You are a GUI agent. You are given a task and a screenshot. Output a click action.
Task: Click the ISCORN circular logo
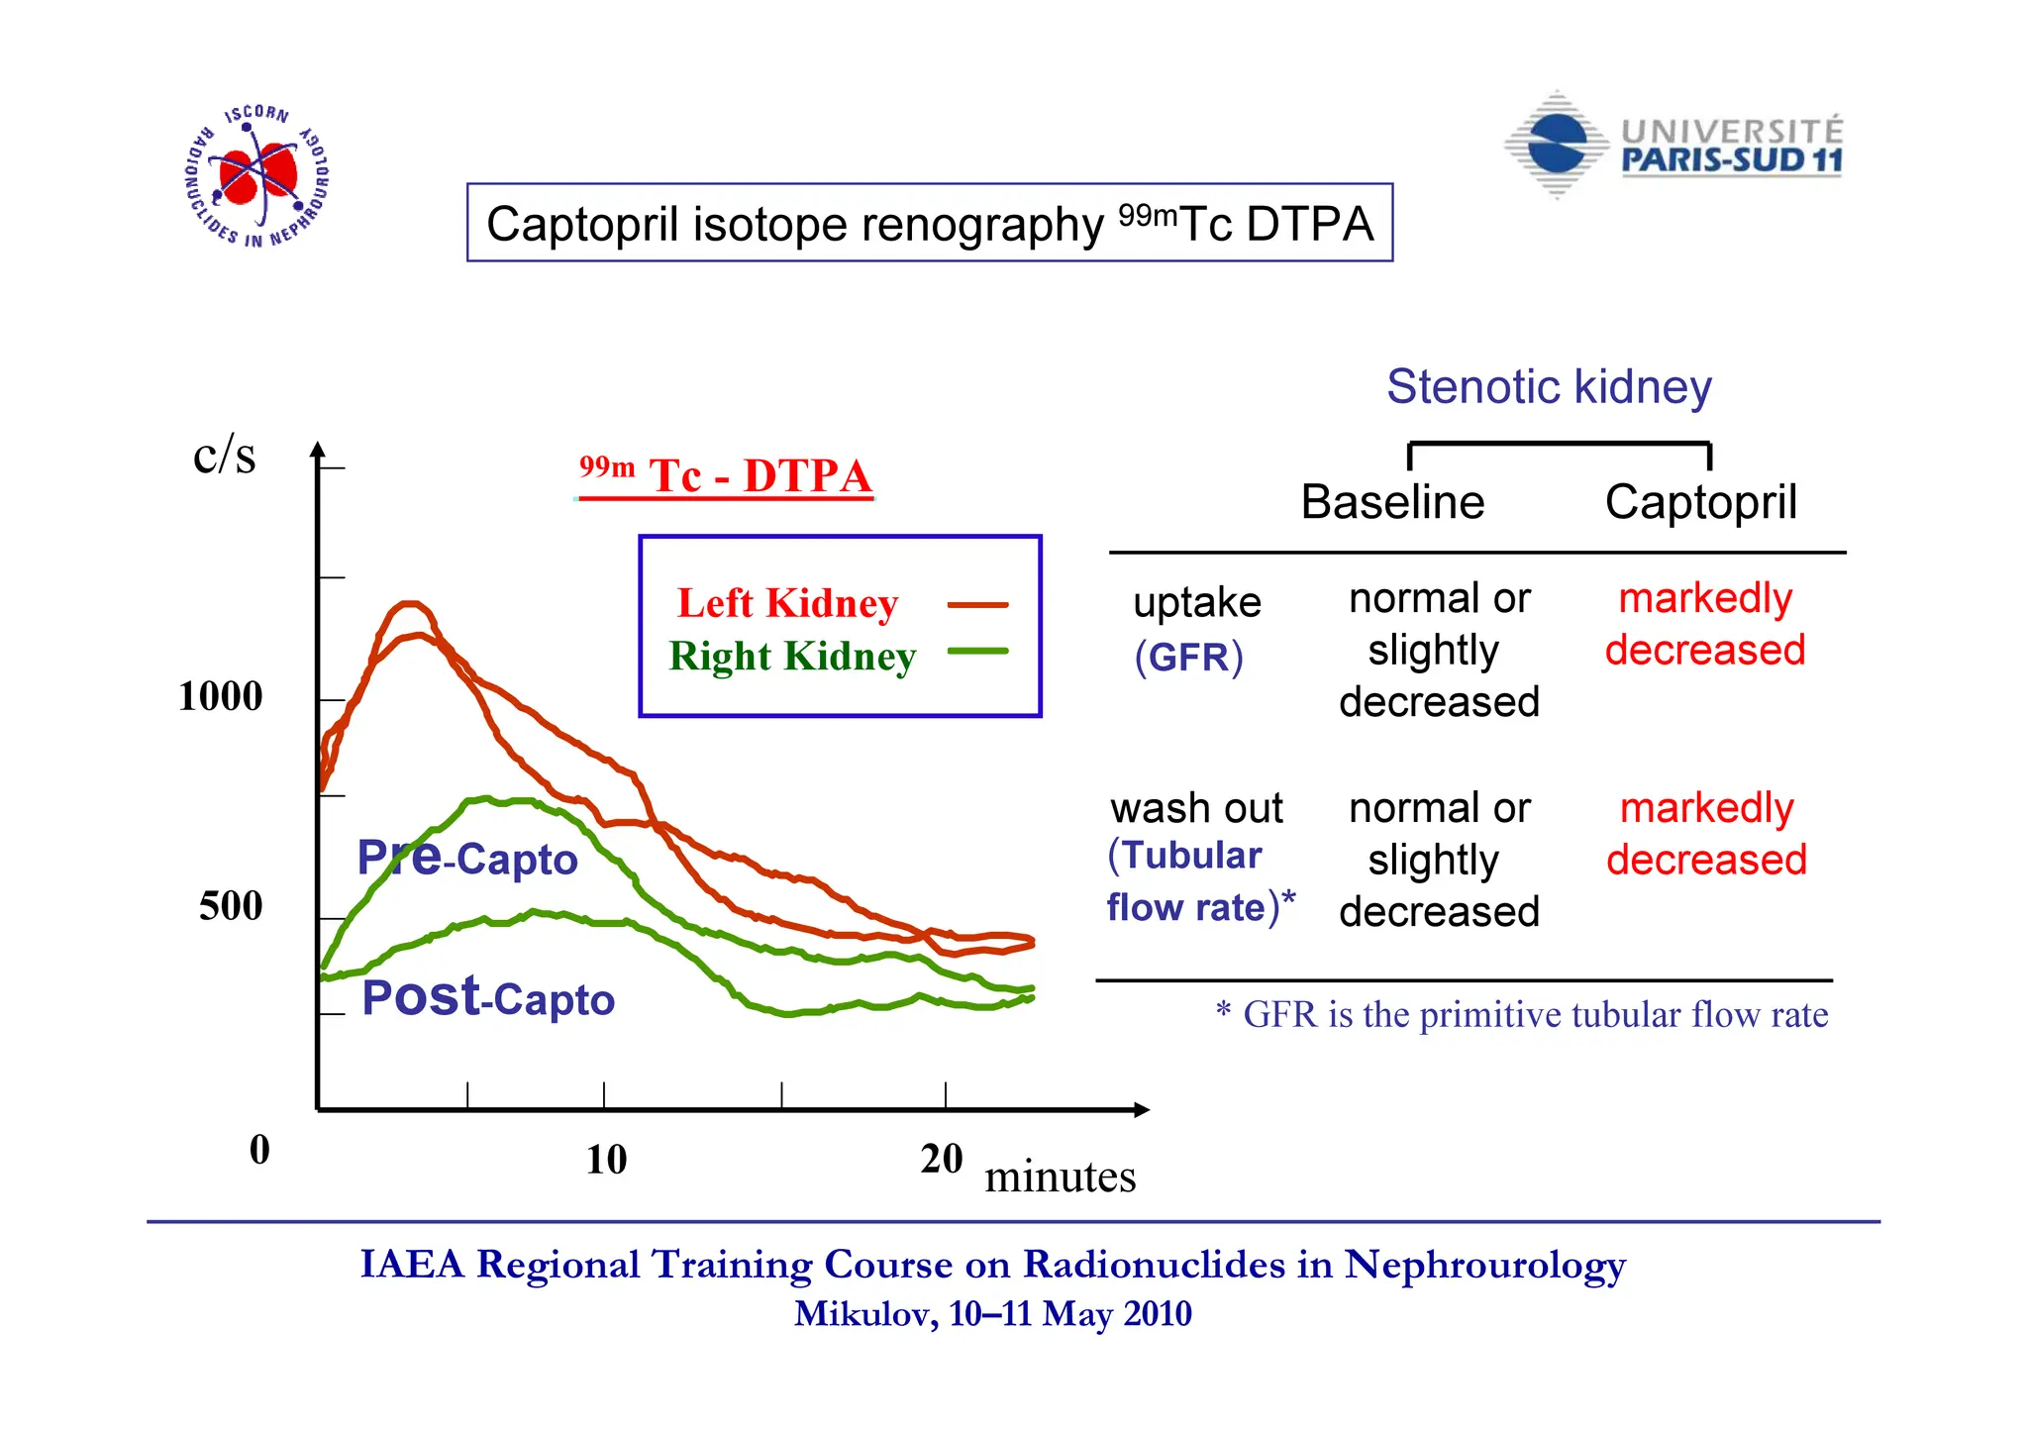(257, 176)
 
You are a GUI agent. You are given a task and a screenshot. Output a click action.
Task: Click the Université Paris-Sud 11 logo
(1673, 147)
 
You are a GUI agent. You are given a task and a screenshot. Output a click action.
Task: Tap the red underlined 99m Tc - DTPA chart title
(726, 476)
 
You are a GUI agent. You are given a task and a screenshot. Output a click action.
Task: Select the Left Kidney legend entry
(787, 603)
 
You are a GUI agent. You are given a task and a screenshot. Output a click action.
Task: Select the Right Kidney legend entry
(792, 657)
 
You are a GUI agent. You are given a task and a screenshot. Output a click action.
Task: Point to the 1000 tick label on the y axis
(220, 696)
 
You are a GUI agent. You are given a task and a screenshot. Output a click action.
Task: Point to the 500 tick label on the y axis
(231, 906)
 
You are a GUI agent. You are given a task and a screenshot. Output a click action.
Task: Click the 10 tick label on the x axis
(606, 1160)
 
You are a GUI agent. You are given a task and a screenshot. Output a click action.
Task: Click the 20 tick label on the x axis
(941, 1159)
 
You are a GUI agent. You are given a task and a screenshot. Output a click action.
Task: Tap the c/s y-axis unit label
(225, 456)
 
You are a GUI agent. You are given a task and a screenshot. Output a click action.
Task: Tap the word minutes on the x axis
(1060, 1177)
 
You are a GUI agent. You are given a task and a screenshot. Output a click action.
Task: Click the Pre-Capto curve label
(466, 858)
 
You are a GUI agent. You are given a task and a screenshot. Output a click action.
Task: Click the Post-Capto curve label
(487, 998)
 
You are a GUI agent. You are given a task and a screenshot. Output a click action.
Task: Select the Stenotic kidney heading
(1549, 387)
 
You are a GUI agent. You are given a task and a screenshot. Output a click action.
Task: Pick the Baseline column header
(1392, 502)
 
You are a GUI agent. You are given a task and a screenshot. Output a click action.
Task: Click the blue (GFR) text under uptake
(1188, 658)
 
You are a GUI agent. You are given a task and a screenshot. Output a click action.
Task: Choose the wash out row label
(1196, 808)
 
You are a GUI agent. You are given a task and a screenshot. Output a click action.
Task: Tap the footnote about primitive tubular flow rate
(1522, 1015)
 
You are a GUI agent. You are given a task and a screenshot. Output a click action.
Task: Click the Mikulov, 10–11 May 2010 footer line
(992, 1314)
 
